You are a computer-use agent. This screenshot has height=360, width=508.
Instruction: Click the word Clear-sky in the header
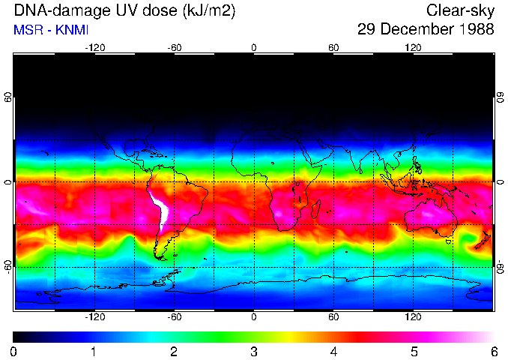click(460, 10)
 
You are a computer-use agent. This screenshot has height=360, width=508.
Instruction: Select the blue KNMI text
click(70, 30)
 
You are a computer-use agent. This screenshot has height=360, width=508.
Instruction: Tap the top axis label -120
click(94, 48)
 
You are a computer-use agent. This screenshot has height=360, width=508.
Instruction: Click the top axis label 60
click(333, 48)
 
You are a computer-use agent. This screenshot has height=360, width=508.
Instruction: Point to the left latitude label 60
click(8, 99)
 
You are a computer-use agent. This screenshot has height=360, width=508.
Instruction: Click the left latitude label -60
click(8, 265)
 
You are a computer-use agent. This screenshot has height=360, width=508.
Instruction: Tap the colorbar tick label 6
click(494, 351)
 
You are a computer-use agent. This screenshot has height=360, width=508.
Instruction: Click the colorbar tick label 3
click(253, 351)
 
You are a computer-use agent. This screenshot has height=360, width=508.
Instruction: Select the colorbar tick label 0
click(13, 351)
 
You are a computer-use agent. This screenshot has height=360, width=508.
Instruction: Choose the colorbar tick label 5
click(414, 351)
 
